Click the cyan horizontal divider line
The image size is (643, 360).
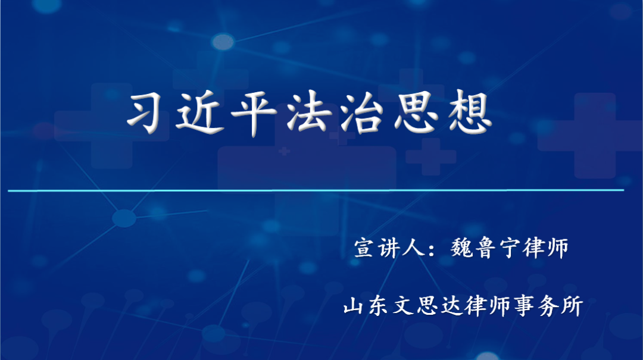pyautogui.click(x=316, y=190)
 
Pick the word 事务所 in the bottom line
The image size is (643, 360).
pyautogui.click(x=548, y=306)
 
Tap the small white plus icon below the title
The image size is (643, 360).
pyautogui.click(x=285, y=151)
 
